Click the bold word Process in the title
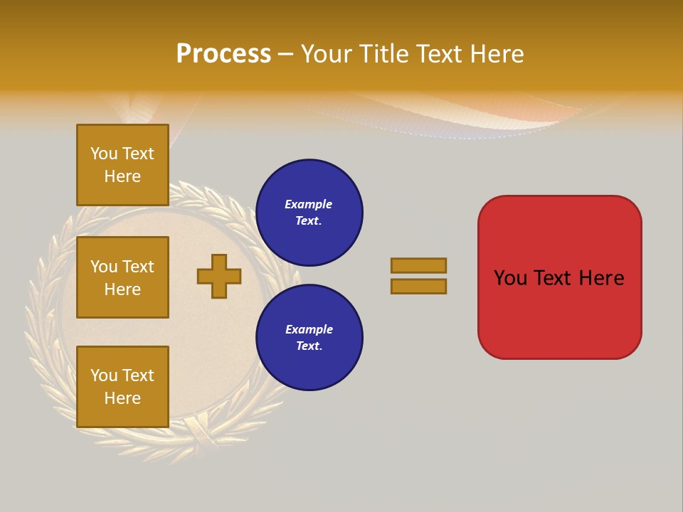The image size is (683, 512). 223,54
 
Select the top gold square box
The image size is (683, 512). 122,165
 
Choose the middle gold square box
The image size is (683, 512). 122,277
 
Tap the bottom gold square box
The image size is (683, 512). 122,387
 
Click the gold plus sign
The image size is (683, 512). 219,276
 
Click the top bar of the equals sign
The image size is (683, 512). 418,265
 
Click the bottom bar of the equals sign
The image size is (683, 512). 418,286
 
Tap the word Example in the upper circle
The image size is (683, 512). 308,204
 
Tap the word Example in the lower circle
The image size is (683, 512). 309,329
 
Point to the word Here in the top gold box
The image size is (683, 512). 122,176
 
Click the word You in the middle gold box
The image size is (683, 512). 103,267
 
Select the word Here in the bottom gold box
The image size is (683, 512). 122,398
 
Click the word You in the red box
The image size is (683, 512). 509,278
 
